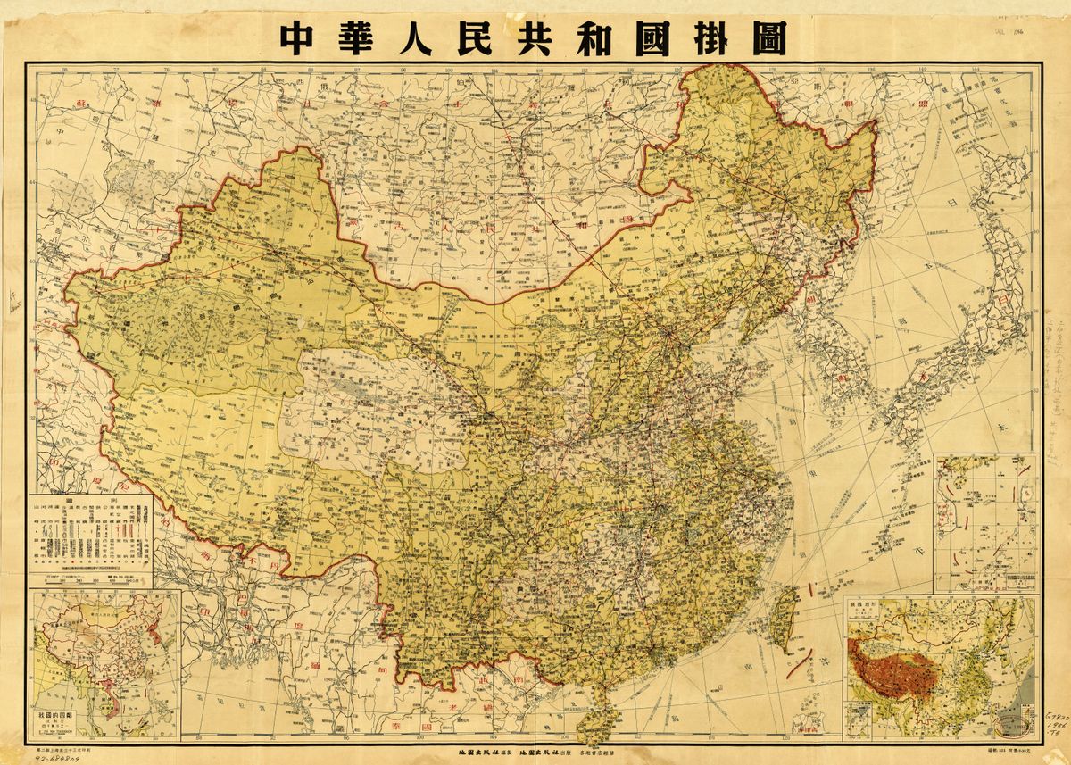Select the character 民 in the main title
473,38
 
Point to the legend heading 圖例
91,502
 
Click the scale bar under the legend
89,582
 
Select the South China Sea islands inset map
985,521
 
